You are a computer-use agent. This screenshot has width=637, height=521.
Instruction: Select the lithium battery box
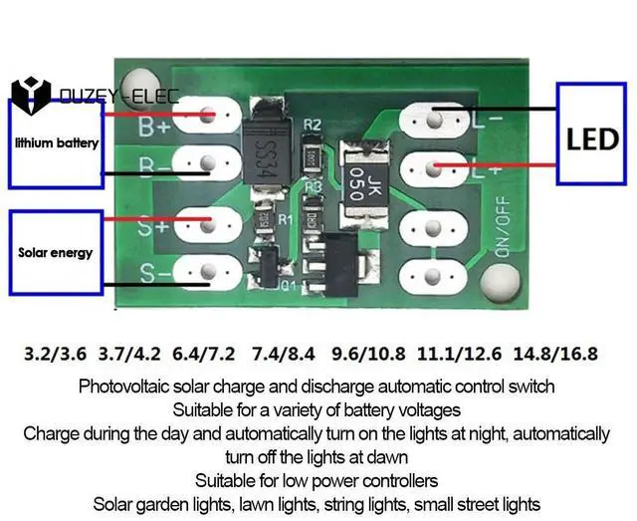click(x=57, y=143)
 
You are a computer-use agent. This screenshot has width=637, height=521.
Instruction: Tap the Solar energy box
click(x=56, y=252)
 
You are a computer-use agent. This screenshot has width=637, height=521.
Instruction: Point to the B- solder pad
click(x=207, y=162)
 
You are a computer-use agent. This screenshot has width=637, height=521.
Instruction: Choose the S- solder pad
click(x=207, y=270)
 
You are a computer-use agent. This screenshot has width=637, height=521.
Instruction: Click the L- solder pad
click(x=434, y=121)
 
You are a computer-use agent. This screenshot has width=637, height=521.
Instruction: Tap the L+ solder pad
click(x=434, y=165)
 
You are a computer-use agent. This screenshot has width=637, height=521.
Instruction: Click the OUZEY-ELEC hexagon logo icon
click(x=31, y=97)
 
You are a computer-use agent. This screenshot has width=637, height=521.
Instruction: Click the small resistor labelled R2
click(x=313, y=156)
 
